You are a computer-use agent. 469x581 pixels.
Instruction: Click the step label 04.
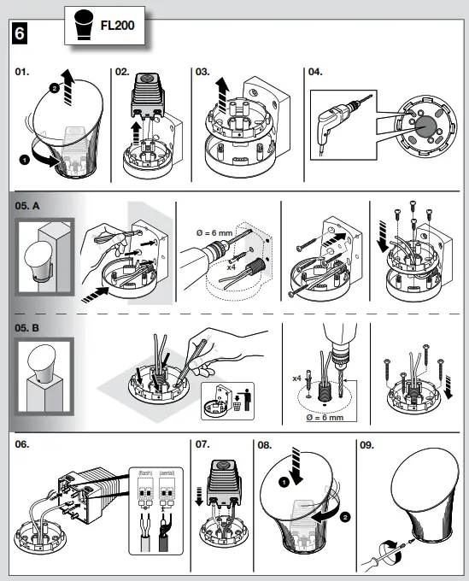pos(316,73)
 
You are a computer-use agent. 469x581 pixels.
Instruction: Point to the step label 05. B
pos(32,326)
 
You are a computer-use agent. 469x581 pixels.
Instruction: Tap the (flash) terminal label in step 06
pos(144,472)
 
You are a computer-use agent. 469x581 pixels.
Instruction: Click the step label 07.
pos(202,445)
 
